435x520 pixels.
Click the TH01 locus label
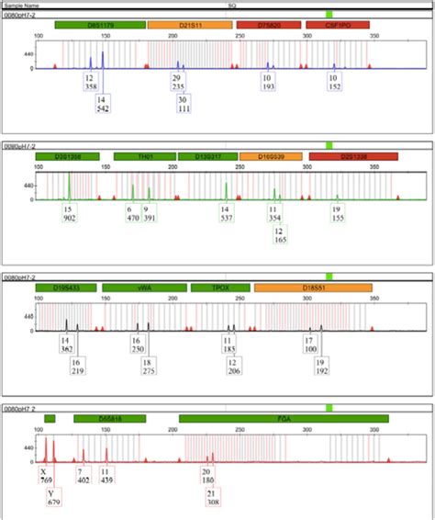145,157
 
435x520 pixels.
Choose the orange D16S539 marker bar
270,157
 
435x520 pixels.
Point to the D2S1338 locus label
352,157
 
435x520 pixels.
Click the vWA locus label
145,288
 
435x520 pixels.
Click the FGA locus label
284,419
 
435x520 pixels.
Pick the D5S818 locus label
110,419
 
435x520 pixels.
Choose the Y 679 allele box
54,497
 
